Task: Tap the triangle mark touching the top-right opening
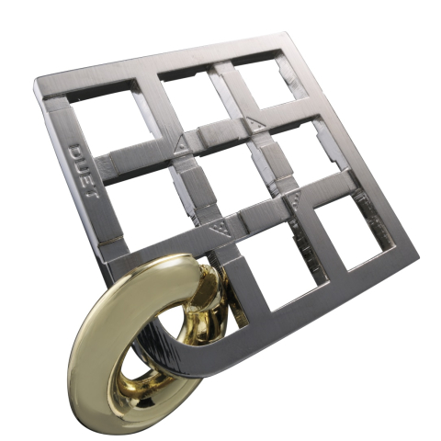point(253,120)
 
